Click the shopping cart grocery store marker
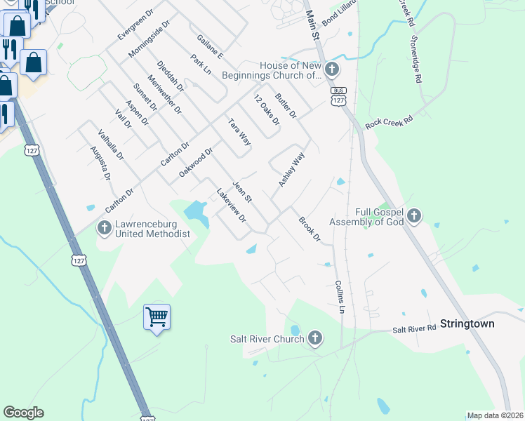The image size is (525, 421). coord(157,316)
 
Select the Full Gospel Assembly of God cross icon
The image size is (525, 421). coord(414,215)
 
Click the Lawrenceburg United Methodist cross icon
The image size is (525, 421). coord(105,227)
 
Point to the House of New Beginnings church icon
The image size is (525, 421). coord(332,69)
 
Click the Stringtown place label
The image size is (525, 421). coord(467,323)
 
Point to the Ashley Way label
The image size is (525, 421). coord(291,169)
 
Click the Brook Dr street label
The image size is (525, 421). coord(310,229)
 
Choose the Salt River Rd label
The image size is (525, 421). coord(414,329)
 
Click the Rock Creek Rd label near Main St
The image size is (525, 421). coord(391,121)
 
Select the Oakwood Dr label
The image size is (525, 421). coord(195,162)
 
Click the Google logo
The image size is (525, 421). coord(23,413)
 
